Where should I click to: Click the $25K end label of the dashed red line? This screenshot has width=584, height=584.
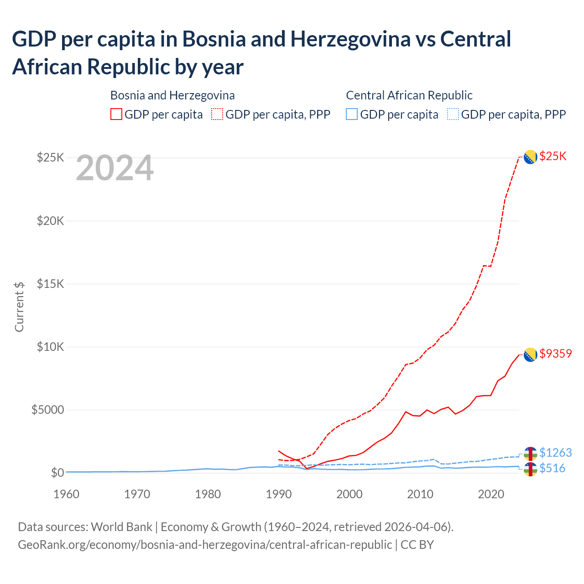(553, 156)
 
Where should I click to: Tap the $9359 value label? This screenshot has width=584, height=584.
(555, 354)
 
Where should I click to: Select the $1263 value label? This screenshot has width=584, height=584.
(555, 453)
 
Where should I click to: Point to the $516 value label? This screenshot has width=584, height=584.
(552, 468)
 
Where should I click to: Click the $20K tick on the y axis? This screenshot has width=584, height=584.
(51, 221)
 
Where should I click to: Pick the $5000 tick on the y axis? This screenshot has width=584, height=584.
(47, 410)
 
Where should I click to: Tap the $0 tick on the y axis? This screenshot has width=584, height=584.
(57, 473)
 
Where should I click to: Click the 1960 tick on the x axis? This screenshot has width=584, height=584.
(66, 494)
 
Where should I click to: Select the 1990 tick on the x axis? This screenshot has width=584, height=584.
(278, 494)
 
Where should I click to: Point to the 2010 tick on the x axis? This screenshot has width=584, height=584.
(420, 494)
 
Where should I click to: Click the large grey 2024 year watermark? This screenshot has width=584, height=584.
(115, 168)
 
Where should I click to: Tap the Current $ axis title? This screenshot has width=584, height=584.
(19, 307)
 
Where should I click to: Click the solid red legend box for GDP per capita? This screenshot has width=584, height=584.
(116, 114)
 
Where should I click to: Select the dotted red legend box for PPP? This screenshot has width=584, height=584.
(217, 114)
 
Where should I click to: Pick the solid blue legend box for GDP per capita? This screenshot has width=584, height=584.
(352, 114)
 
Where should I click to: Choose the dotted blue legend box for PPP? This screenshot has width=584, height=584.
(453, 114)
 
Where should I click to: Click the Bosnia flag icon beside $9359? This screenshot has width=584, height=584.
(530, 355)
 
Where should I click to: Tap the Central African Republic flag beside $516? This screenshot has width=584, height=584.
(530, 469)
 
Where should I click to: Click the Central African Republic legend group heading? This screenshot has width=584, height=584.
(409, 95)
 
